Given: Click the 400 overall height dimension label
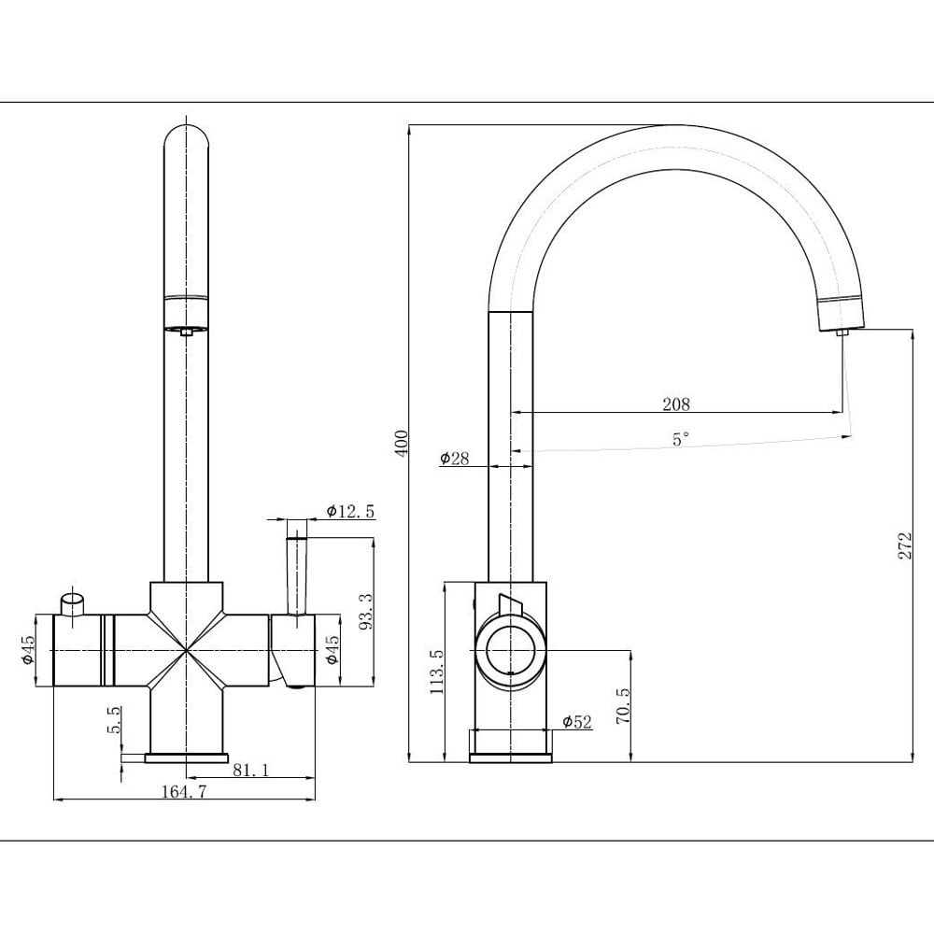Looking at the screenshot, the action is pyautogui.click(x=402, y=444).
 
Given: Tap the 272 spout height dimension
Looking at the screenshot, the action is pyautogui.click(x=905, y=545).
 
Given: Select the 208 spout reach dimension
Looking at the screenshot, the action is pyautogui.click(x=676, y=404).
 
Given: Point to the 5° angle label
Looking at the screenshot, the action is pyautogui.click(x=680, y=440).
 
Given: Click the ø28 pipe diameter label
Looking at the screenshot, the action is pyautogui.click(x=455, y=458).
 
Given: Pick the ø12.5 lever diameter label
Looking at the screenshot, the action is pyautogui.click(x=351, y=511).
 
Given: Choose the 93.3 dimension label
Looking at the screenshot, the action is pyautogui.click(x=366, y=612).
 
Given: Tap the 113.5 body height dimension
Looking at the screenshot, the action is pyautogui.click(x=436, y=672).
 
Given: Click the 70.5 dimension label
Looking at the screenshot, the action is pyautogui.click(x=622, y=705).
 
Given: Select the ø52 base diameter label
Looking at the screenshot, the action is pyautogui.click(x=577, y=722).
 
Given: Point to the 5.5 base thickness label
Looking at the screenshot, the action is pyautogui.click(x=114, y=719).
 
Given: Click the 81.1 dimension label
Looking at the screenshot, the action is pyautogui.click(x=250, y=771).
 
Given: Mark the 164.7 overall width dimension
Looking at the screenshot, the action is pyautogui.click(x=183, y=792).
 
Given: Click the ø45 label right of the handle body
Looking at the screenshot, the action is pyautogui.click(x=332, y=650).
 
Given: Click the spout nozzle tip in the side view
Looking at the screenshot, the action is pyautogui.click(x=842, y=333).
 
